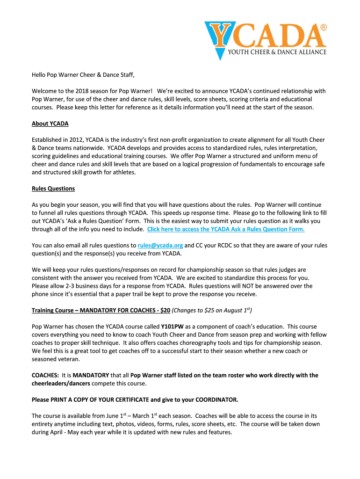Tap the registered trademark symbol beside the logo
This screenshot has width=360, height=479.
click(x=324, y=28)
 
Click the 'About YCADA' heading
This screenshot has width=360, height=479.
click(x=50, y=124)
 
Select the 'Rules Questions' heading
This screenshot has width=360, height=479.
click(x=53, y=189)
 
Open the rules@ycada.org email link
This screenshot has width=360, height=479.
click(x=160, y=245)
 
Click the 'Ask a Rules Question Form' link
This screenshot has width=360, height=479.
click(x=226, y=229)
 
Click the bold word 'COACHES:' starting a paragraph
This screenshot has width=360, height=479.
click(x=45, y=375)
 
